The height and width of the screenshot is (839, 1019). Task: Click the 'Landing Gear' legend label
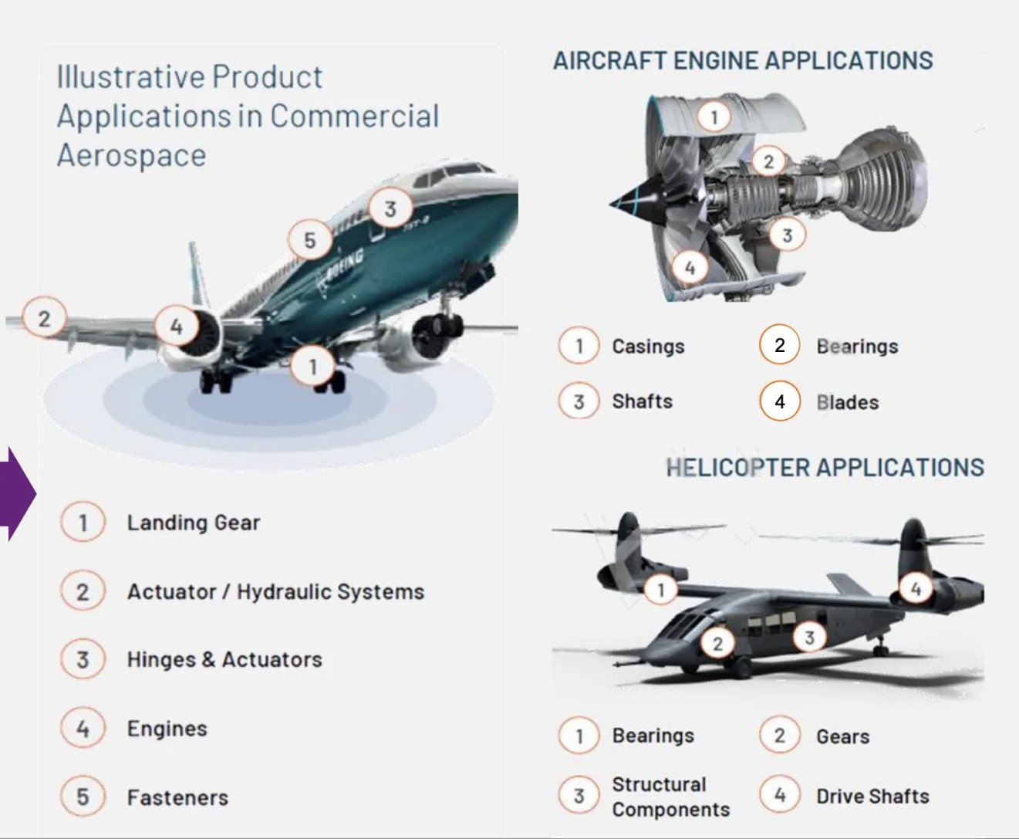tap(194, 523)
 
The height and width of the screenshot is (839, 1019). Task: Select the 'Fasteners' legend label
tap(177, 798)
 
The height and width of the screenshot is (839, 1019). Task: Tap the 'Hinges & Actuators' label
tap(224, 660)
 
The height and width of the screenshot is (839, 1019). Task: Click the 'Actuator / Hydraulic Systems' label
tap(276, 592)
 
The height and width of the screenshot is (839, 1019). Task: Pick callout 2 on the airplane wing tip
tap(44, 319)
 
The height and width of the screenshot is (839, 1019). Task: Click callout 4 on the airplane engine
tap(177, 326)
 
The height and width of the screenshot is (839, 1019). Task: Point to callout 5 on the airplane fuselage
tap(310, 240)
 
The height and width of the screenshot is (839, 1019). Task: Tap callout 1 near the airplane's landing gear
tap(312, 367)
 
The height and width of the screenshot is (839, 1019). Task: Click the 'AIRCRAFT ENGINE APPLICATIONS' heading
tap(743, 61)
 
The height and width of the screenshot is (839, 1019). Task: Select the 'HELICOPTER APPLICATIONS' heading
tap(825, 468)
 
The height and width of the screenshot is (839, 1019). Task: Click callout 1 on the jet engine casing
tap(714, 117)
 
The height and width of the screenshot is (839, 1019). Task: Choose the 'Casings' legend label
tap(649, 347)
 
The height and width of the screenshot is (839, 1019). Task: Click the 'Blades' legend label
tap(848, 402)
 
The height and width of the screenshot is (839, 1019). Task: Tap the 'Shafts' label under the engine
tap(642, 401)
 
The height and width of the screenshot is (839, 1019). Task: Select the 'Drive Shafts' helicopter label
tap(872, 797)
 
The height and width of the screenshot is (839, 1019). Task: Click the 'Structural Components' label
tap(670, 797)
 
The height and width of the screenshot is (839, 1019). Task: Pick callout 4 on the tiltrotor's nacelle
tap(916, 588)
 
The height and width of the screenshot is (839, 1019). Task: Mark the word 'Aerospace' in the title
tap(131, 156)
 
